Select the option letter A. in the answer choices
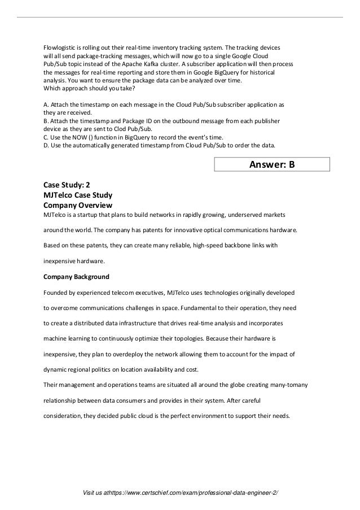coord(46,105)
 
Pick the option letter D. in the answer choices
coord(46,145)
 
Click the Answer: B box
coord(271,164)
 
